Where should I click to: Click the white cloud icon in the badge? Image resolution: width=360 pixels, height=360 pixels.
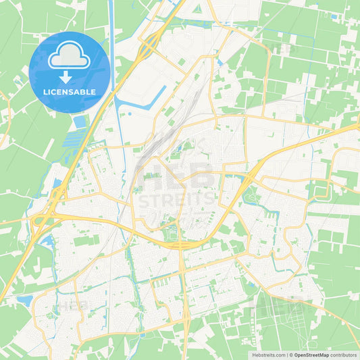[70, 56]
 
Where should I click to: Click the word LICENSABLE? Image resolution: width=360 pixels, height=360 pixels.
[70, 92]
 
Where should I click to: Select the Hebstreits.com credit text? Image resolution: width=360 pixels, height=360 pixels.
[265, 355]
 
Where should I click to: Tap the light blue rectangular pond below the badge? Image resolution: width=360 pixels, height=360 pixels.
[81, 122]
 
